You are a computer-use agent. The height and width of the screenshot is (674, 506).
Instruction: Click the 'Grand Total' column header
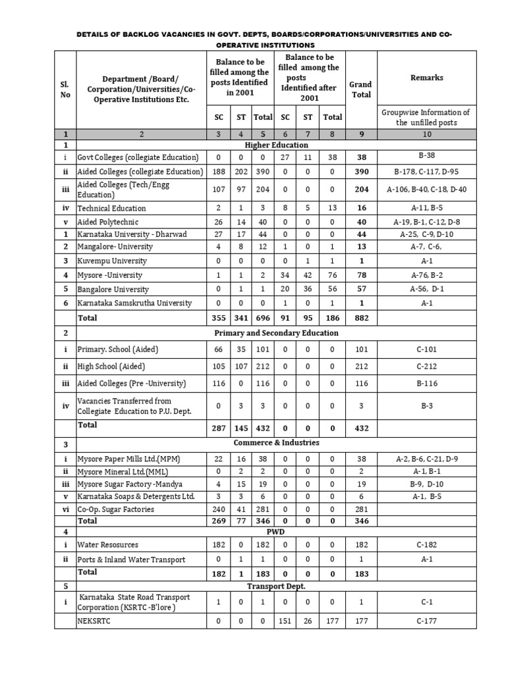(x=360, y=90)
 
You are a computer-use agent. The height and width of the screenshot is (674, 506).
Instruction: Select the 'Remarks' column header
(x=426, y=78)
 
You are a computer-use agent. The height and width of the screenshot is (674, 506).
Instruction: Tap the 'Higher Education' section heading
(x=276, y=145)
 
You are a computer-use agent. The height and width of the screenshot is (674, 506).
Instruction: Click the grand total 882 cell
(x=360, y=319)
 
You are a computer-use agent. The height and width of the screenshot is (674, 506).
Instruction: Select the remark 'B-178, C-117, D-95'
(x=426, y=172)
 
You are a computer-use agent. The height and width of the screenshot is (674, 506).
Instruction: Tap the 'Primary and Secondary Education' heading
(x=276, y=333)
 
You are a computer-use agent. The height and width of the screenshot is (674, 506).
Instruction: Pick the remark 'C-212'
(x=426, y=367)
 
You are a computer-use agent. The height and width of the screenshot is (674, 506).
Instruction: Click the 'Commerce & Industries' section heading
(x=276, y=443)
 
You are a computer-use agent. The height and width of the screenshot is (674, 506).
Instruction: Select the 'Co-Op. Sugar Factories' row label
(x=117, y=509)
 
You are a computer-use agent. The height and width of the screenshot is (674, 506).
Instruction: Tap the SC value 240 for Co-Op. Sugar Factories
(x=219, y=509)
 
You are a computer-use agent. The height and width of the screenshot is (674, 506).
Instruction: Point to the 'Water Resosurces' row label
(x=108, y=545)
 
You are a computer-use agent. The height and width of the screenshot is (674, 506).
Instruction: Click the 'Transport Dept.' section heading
(x=276, y=586)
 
